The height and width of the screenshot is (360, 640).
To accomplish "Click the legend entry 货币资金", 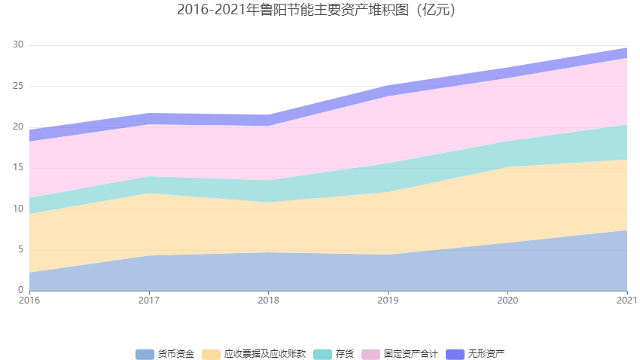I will [x=175, y=354].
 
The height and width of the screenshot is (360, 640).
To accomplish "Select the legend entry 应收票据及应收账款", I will [x=264, y=354].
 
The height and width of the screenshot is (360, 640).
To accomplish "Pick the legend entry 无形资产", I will [x=486, y=354].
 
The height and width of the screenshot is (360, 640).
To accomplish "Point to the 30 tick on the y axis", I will [x=18, y=45].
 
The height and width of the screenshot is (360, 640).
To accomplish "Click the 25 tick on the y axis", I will [x=18, y=86].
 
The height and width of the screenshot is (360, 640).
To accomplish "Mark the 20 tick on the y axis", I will [x=18, y=127].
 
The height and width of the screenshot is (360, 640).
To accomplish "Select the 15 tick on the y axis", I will [x=18, y=168].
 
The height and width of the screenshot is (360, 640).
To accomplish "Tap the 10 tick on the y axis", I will [x=18, y=209].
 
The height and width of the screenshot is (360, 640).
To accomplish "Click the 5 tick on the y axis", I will [x=21, y=249].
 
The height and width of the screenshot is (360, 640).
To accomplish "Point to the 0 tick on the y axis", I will [x=21, y=290].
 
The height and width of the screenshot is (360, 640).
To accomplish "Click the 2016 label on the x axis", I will [x=30, y=300].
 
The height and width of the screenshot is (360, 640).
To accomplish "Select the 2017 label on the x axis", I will [x=149, y=300].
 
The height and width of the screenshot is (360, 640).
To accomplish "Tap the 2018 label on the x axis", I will [x=269, y=300].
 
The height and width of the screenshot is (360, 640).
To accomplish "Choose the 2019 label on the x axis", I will [x=388, y=300].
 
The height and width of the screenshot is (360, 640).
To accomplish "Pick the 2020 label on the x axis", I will [x=507, y=300].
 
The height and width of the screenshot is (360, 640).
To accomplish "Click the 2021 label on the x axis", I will [x=626, y=300].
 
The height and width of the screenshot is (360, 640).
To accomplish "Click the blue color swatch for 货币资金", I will [x=145, y=354].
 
